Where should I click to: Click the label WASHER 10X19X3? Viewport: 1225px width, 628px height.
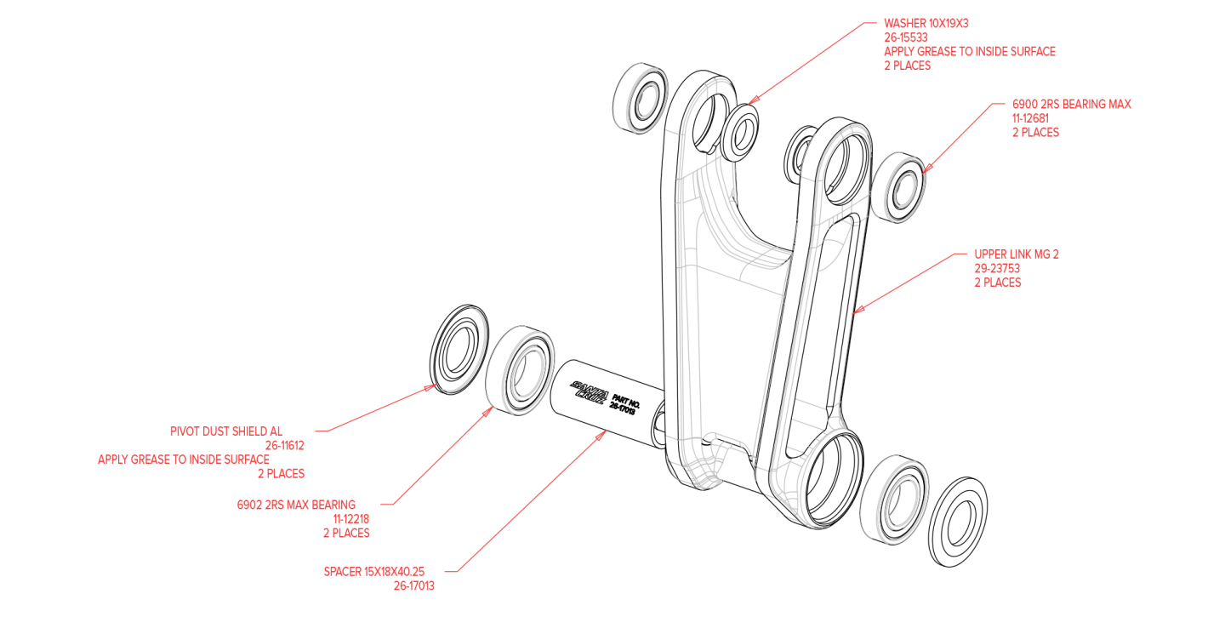[x=926, y=23]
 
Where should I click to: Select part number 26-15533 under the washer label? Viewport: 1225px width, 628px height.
[x=905, y=37]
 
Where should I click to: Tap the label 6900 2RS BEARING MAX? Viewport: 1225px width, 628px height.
[x=1071, y=104]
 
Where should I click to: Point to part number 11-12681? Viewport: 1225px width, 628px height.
[x=1029, y=118]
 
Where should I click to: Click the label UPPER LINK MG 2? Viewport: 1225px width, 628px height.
[x=1016, y=254]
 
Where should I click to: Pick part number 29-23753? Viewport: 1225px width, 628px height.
[x=997, y=268]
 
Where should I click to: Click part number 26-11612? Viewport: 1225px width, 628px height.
[x=284, y=445]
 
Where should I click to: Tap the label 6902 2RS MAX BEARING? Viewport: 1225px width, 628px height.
[x=296, y=505]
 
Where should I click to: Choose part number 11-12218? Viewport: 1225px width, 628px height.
[x=350, y=518]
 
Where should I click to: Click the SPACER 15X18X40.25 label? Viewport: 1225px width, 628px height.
[x=373, y=571]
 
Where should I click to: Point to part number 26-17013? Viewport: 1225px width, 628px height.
[x=413, y=585]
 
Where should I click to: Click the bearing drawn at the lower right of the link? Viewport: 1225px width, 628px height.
[x=897, y=500]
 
